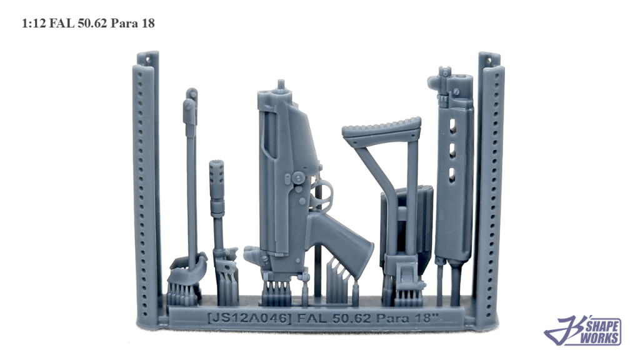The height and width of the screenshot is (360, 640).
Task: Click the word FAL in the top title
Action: [x=62, y=23]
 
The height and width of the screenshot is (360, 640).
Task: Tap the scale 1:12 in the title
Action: [x=34, y=23]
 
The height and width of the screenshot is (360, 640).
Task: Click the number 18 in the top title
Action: [x=148, y=23]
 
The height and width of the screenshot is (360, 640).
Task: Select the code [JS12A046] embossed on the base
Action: [x=249, y=318]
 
